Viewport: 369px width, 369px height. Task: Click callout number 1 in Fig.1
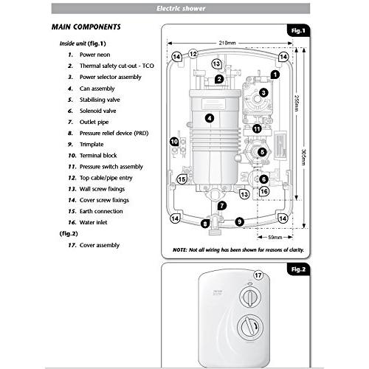[x=275, y=75]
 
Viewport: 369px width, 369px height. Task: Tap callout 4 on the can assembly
[x=210, y=117]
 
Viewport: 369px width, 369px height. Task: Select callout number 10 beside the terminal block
[x=175, y=141]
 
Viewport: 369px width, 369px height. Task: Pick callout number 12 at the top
[x=193, y=54]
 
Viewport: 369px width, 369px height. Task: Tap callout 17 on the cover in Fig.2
[x=258, y=277]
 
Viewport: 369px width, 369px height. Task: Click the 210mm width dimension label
[x=227, y=42]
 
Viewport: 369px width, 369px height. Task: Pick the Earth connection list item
[x=101, y=210]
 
